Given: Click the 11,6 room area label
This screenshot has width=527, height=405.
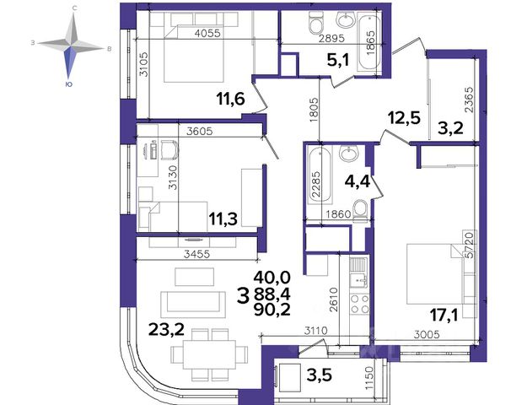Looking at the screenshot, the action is [230, 100].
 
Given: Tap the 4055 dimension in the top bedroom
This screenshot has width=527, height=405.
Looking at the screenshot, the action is [208, 33].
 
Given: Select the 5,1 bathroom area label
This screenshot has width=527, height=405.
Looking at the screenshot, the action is [338, 61].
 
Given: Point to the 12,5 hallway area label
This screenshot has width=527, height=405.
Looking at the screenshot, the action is [404, 118].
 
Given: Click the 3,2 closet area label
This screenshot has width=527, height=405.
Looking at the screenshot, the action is [451, 128].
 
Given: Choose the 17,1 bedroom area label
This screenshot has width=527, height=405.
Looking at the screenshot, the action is [444, 316].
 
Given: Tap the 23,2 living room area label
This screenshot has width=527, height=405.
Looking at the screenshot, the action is [167, 329].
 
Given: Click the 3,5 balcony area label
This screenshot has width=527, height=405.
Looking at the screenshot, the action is [320, 374].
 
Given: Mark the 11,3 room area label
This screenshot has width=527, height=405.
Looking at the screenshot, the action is [223, 219].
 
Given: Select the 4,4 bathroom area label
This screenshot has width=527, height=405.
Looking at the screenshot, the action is [358, 182].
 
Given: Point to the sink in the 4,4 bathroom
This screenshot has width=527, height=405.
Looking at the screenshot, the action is [349, 154].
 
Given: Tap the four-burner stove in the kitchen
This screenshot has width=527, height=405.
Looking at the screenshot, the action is [359, 304].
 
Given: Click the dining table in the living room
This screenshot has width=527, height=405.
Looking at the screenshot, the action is [209, 354].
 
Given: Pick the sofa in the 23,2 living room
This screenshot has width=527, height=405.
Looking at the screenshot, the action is [193, 305].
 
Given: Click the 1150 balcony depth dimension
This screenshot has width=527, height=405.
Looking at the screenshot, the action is [369, 379].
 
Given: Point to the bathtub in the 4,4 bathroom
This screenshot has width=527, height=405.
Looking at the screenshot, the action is [320, 175].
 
